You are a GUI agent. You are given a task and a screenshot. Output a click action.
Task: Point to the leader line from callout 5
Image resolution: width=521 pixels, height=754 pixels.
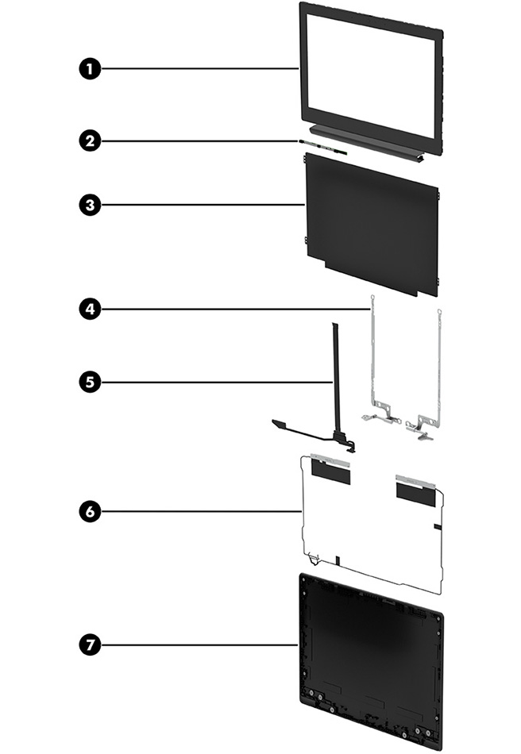click(x=214, y=382)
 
